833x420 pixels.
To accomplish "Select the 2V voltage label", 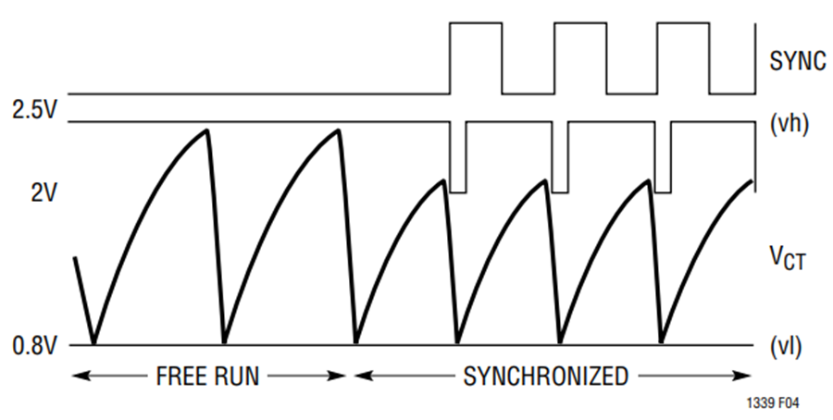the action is click(x=42, y=194).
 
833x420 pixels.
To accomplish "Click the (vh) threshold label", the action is click(x=789, y=125).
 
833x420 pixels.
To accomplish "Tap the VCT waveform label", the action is click(x=788, y=261).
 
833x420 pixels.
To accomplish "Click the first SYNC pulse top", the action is click(x=476, y=23).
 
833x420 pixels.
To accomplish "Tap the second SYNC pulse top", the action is click(x=580, y=23).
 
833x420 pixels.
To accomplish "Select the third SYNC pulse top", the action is click(x=683, y=23).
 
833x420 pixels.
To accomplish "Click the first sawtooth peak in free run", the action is click(x=206, y=130).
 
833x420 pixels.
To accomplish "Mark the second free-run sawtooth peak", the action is click(x=338, y=130).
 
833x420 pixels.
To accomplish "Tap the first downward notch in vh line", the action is click(x=458, y=191).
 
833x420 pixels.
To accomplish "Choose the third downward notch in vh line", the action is click(x=663, y=191).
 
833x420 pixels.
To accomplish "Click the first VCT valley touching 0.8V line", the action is click(x=94, y=343).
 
